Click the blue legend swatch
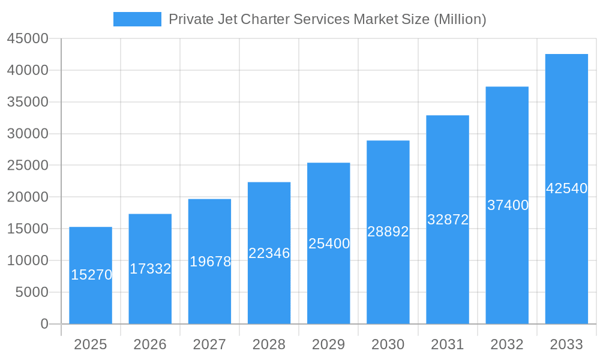point(137,19)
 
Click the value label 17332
point(150,269)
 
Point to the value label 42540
point(566,188)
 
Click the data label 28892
point(388,232)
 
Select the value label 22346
point(269,253)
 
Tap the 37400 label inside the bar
point(508,205)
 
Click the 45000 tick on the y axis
point(27,38)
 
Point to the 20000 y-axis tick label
point(27,197)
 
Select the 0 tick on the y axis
point(44,324)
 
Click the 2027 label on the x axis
point(209,344)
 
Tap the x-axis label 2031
point(447,344)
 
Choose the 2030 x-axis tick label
point(388,344)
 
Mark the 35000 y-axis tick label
point(27,102)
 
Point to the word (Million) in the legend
point(460,19)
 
